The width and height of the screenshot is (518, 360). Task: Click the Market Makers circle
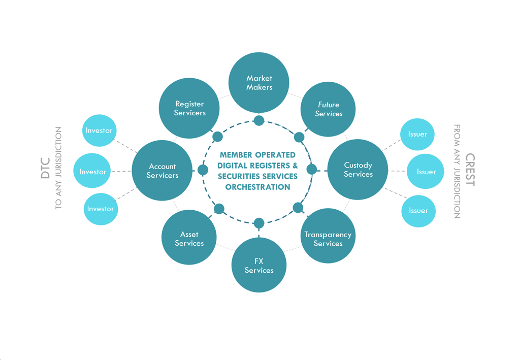259,82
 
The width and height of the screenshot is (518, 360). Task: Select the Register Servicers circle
189,108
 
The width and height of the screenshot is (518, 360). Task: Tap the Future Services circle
328,109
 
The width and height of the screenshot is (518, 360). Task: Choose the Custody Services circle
358,170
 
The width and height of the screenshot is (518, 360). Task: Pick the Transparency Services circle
328,236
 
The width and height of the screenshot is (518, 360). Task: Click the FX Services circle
259,265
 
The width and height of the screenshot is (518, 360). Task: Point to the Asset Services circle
189,238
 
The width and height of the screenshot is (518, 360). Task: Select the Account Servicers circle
162,171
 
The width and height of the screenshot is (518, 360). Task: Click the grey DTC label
46,168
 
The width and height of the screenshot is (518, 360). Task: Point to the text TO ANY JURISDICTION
58,168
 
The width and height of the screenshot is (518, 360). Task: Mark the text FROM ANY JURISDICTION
457,171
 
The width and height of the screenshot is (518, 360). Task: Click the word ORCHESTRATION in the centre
257,187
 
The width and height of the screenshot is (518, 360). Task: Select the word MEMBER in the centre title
237,155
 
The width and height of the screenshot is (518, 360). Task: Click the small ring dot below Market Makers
259,120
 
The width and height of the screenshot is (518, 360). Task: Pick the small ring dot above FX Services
259,222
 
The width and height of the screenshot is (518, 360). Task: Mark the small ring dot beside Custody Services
312,170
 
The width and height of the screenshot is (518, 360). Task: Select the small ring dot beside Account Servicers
203,170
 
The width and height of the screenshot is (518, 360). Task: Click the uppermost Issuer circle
417,134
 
